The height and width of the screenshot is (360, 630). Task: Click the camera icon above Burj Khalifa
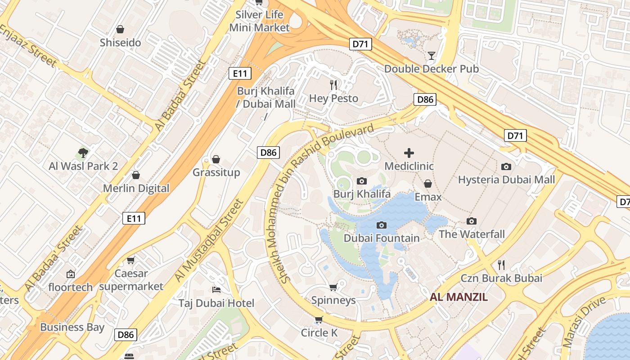361,181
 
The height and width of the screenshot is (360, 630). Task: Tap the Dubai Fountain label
382,238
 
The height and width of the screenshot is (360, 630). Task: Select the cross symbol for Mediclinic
409,153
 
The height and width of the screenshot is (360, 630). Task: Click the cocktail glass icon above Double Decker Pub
432,56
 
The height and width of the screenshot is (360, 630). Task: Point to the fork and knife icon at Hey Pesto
333,85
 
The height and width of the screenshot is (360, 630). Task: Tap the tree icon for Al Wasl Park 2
83,153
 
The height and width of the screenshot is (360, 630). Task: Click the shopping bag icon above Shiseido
120,30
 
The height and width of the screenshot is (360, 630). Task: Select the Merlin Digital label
136,188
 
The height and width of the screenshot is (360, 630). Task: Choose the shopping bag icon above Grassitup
216,159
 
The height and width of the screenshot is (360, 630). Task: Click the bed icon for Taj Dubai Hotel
216,289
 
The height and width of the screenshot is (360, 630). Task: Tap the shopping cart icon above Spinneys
333,287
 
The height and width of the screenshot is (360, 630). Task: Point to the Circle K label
319,333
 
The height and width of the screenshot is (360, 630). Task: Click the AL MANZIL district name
459,297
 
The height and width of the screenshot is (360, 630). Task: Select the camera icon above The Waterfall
472,221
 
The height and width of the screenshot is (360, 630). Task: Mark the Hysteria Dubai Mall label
506,180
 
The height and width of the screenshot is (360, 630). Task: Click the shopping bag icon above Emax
428,184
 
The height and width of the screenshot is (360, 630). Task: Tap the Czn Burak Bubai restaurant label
501,278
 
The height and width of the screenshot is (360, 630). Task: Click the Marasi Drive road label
584,322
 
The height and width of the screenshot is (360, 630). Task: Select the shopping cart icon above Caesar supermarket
131,260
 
